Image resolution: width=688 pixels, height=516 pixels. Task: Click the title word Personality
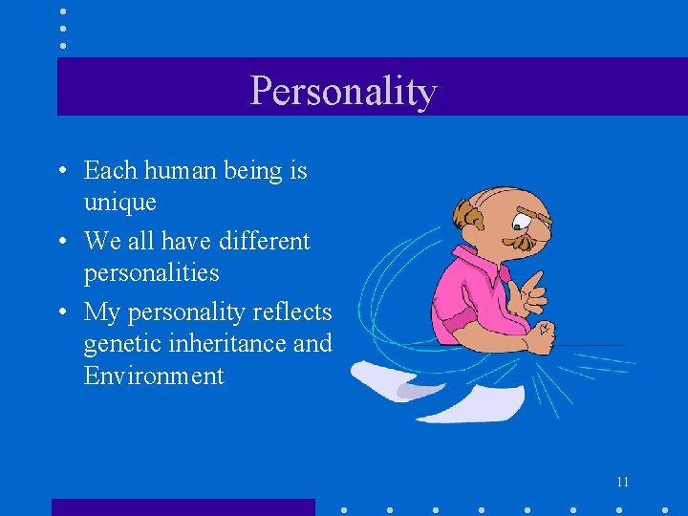click(x=343, y=91)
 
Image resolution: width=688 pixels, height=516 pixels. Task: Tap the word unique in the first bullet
click(x=119, y=203)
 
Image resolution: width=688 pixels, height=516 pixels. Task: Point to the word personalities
click(x=151, y=273)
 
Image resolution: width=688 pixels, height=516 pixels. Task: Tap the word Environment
click(x=154, y=376)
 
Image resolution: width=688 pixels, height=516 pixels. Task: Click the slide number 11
click(x=622, y=482)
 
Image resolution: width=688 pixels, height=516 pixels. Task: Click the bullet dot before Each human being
click(x=61, y=172)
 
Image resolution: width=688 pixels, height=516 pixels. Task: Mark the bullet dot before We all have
click(x=61, y=242)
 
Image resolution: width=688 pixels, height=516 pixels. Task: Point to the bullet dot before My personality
click(x=61, y=312)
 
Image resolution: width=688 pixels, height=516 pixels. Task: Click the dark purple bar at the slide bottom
click(x=183, y=506)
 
